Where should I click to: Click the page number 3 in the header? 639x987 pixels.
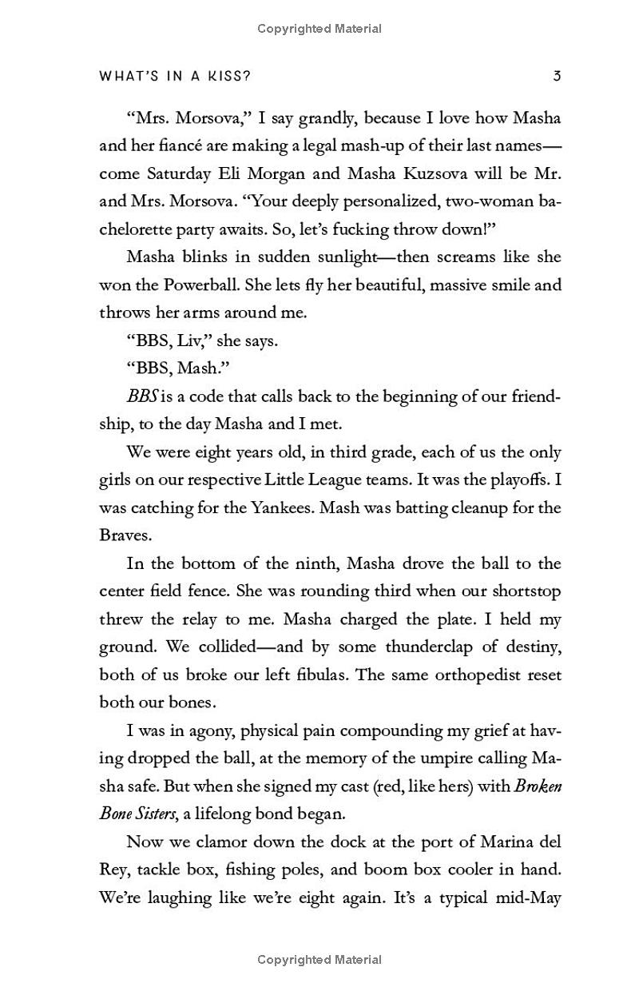click(x=557, y=76)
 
